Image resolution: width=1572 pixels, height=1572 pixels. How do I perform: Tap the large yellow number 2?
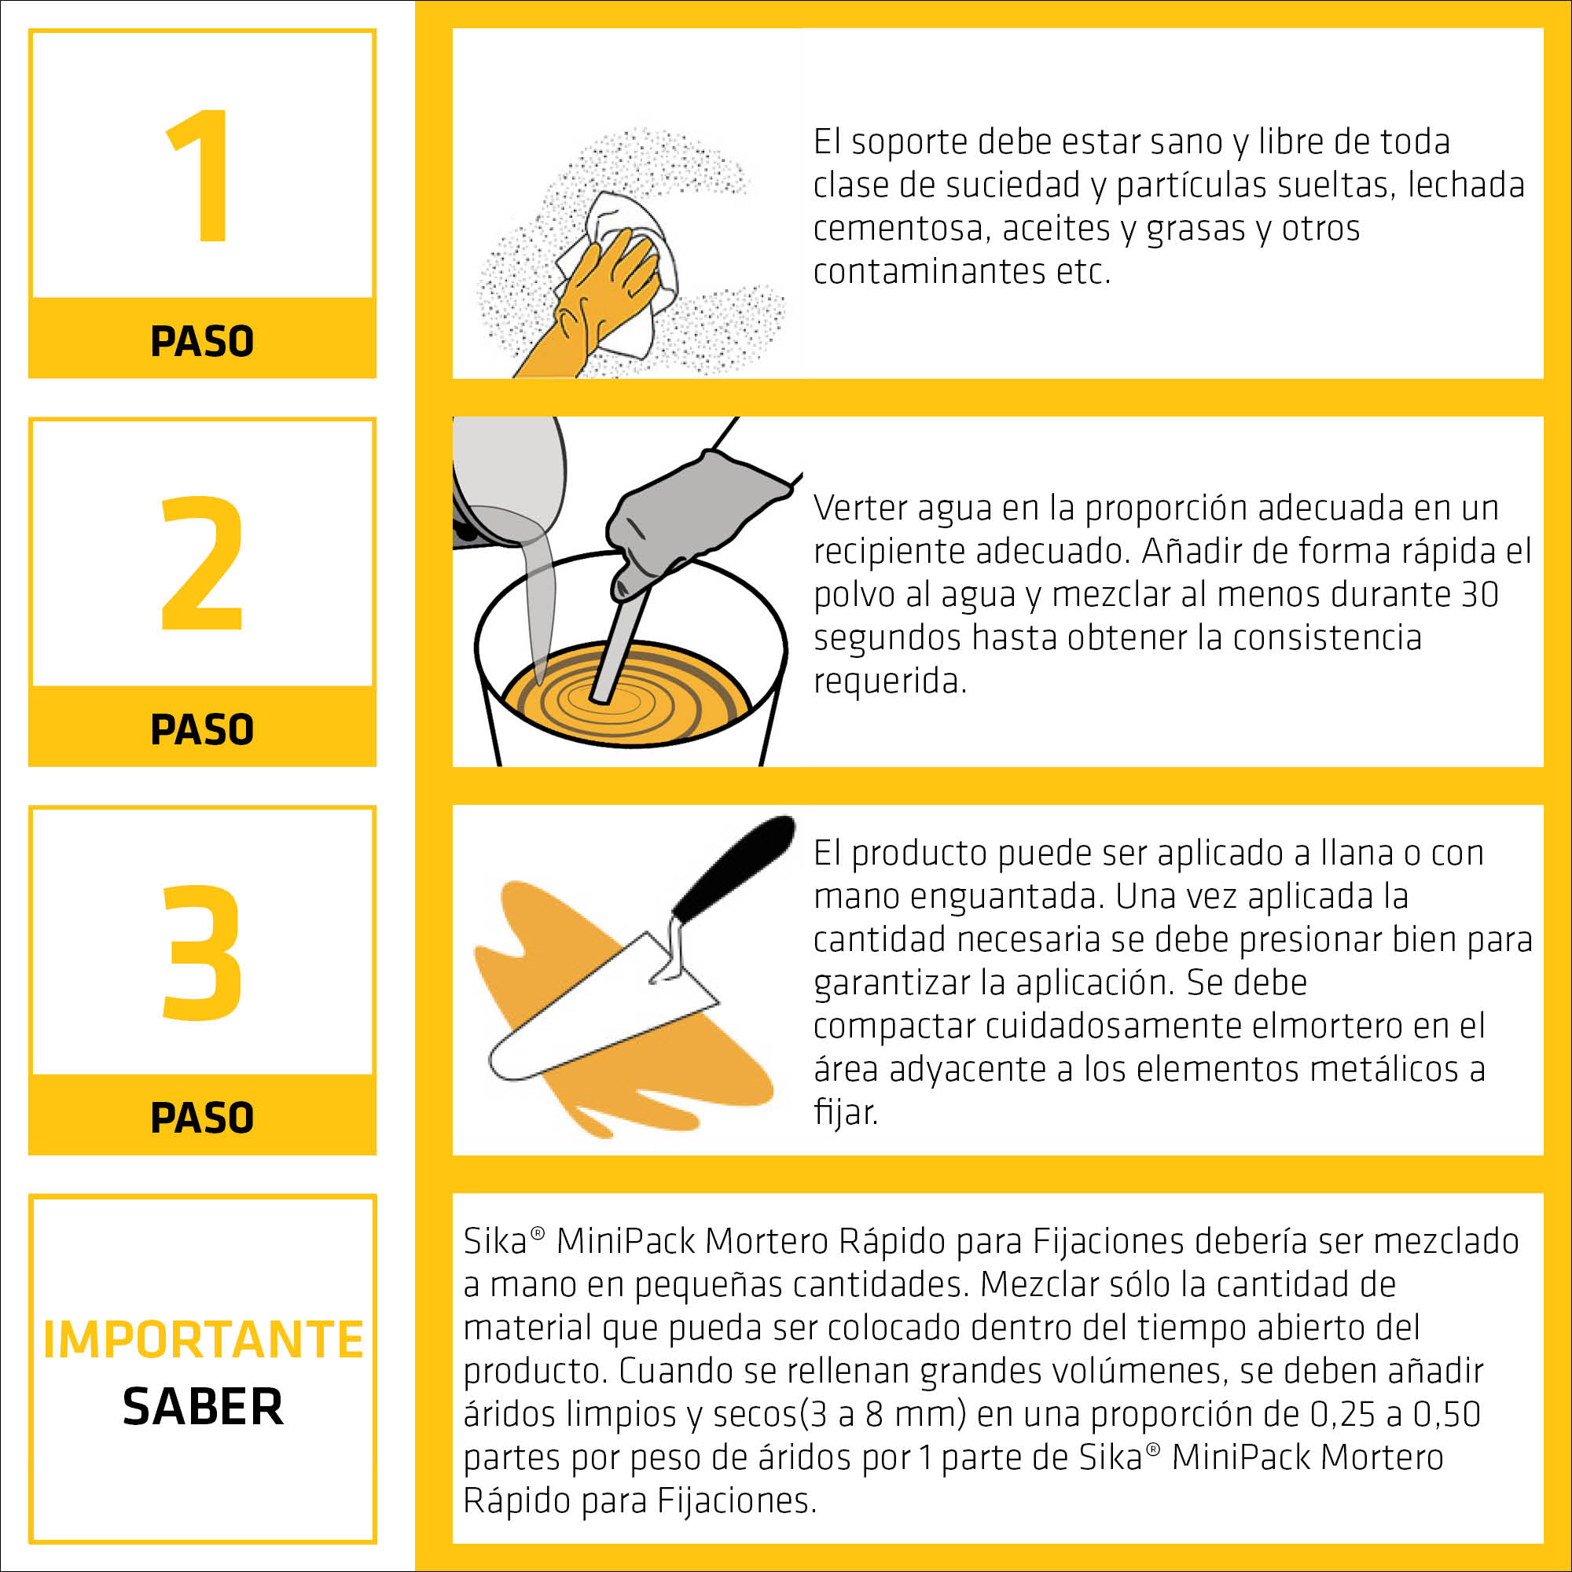coord(202,563)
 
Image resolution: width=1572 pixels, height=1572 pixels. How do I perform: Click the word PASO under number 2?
coord(202,729)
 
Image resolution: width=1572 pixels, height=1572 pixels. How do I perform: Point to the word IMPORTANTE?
coord(203,1340)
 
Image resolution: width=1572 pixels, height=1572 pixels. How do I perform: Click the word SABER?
coord(203,1407)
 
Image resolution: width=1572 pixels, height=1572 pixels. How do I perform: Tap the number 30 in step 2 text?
coord(1478,594)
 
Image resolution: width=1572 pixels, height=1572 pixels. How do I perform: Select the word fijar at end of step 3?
coord(845,1111)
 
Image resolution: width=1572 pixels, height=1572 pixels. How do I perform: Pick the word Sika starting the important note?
coord(495,1242)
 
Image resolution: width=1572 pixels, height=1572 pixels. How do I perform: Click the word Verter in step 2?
coord(860,508)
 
